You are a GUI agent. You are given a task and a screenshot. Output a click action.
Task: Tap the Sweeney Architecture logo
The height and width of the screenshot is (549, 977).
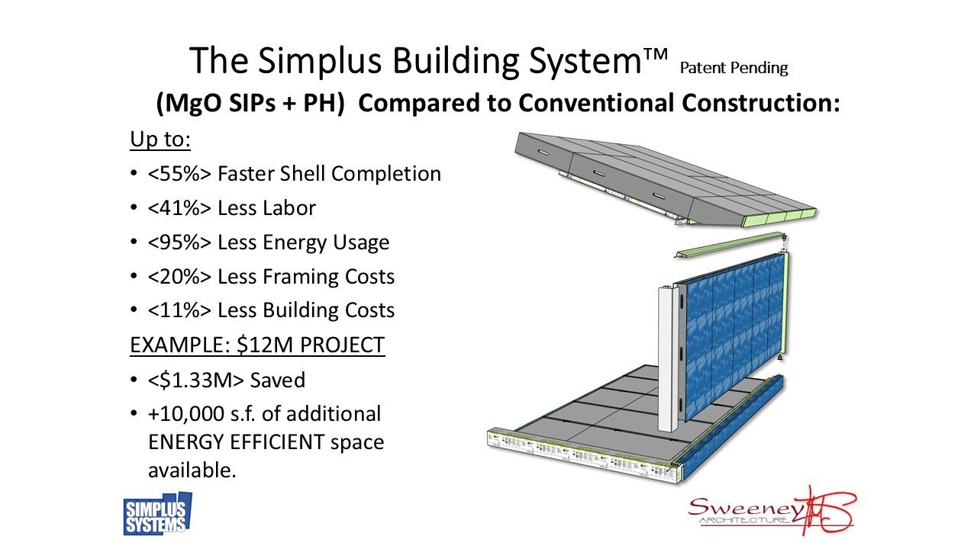point(772,512)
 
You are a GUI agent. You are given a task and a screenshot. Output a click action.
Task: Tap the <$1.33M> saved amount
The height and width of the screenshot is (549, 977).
point(197,380)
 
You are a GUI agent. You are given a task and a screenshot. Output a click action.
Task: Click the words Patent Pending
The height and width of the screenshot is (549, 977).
point(733,68)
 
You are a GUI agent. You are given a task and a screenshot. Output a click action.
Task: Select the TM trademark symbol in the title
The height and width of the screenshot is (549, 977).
point(656,53)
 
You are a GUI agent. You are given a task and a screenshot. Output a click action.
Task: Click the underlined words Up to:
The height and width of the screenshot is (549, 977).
point(160,140)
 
